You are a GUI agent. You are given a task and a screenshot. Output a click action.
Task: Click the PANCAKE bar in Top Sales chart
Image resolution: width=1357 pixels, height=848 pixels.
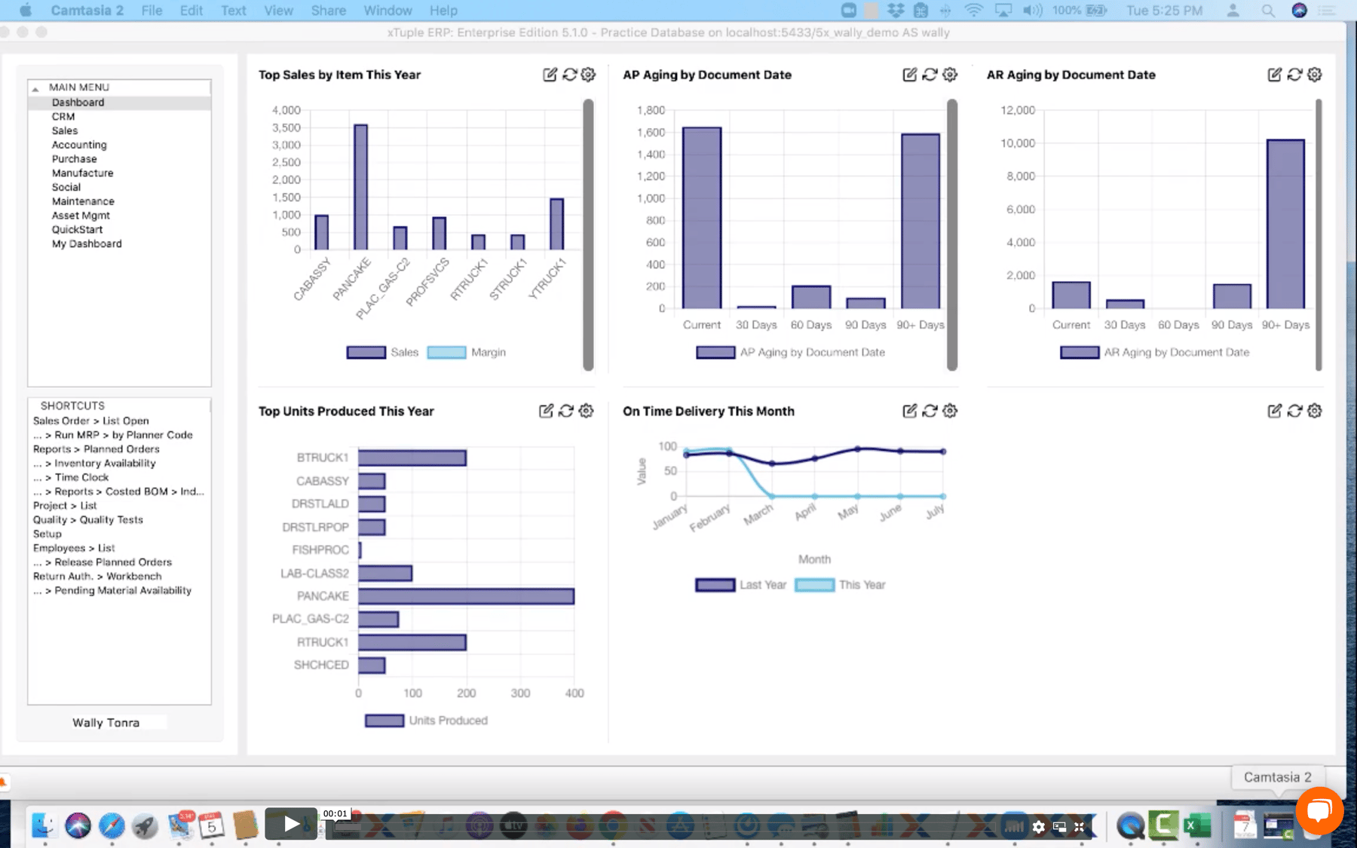tap(360, 187)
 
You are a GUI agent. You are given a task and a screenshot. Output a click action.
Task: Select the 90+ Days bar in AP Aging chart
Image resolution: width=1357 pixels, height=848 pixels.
tap(920, 221)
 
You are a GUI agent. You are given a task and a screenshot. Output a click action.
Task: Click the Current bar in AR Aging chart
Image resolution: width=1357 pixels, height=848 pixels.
tap(1071, 295)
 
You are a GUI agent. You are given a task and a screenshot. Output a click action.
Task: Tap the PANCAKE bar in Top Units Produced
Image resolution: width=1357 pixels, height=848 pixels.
tap(466, 596)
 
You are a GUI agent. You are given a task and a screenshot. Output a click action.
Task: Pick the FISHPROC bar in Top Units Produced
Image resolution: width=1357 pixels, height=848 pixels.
tap(360, 550)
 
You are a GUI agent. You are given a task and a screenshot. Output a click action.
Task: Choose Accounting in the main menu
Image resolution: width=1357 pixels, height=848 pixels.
tap(79, 145)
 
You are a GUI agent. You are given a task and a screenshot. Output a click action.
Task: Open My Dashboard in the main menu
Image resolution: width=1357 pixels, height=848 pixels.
tap(87, 243)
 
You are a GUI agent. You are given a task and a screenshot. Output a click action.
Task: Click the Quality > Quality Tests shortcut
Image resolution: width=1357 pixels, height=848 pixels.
tap(87, 519)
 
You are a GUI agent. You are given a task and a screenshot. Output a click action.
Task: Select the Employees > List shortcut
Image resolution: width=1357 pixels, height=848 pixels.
tap(74, 548)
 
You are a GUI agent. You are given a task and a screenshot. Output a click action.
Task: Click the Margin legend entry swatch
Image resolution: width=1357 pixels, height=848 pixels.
tap(446, 352)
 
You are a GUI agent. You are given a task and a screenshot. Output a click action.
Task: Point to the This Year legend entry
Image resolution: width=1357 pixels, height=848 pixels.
tap(862, 585)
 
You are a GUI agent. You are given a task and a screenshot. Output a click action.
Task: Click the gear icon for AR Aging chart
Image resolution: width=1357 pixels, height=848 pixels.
tap(1315, 75)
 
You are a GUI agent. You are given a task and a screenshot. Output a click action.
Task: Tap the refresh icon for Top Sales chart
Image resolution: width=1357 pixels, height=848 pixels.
tap(569, 75)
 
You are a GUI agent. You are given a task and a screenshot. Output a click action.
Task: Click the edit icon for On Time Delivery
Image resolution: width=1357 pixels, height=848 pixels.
tap(909, 411)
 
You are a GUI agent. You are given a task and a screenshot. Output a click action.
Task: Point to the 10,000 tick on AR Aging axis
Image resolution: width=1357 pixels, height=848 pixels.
tap(1017, 143)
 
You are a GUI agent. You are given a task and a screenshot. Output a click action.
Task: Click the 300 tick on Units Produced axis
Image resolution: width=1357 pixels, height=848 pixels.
tap(520, 693)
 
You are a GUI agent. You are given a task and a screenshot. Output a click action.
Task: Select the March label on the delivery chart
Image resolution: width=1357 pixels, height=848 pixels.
tap(758, 514)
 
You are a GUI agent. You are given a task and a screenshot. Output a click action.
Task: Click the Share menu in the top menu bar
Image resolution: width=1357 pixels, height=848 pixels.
tap(328, 11)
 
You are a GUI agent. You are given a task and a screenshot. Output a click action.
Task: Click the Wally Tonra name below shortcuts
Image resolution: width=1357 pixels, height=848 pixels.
tap(106, 722)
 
